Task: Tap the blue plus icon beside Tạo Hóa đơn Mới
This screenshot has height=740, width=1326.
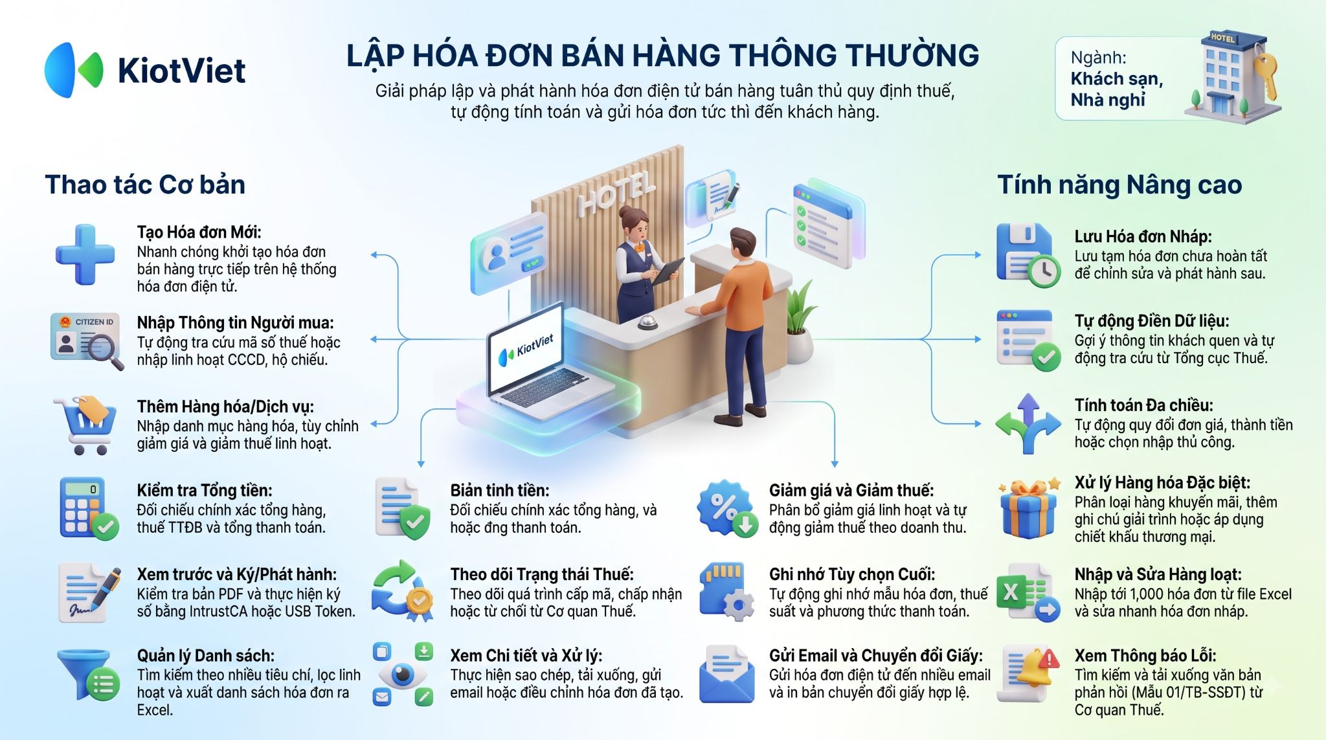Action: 85,254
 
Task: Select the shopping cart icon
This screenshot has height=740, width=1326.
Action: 85,425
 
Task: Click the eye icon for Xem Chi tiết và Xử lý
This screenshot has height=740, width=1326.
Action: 403,674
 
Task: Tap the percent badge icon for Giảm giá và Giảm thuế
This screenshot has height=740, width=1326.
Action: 728,509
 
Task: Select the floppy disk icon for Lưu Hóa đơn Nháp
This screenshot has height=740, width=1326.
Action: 1028,255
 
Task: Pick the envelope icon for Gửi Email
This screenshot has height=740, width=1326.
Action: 726,674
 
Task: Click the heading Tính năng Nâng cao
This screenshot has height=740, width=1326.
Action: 1119,185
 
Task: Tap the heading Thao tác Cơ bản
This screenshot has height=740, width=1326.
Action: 145,185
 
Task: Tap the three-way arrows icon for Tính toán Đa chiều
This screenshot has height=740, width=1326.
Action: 1028,424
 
